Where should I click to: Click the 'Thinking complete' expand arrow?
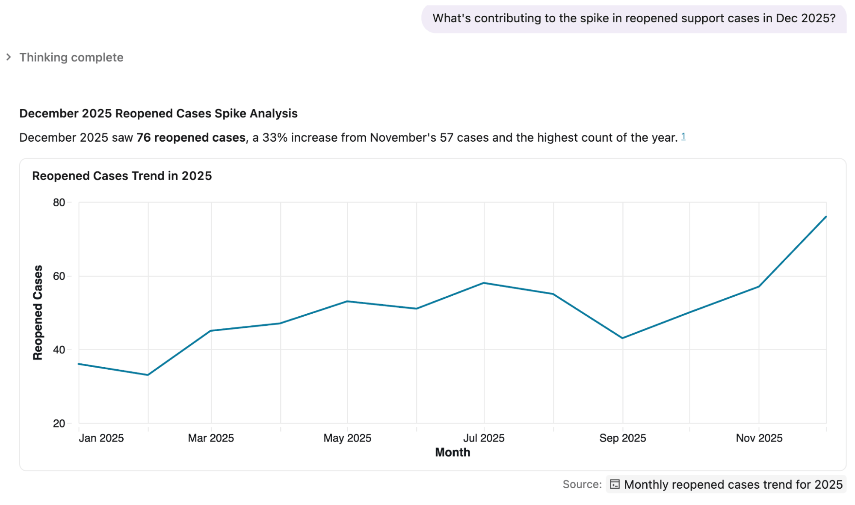9,57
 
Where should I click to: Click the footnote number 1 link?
683,136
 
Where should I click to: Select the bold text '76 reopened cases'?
191,137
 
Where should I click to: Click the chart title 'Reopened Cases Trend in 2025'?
122,176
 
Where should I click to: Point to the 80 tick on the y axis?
59,202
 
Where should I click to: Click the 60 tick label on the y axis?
59,276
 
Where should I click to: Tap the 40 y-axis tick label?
59,350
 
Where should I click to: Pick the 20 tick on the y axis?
59,423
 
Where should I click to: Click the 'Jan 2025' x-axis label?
101,438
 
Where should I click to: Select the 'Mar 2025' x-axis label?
211,438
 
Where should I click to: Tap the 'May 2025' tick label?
347,438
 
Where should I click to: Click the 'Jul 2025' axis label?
484,438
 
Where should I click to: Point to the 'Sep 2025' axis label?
622,438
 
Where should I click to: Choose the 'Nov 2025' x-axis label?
759,438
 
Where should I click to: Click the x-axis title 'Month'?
453,452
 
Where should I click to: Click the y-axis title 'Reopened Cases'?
38,312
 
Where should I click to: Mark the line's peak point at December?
826,217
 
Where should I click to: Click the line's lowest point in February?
148,375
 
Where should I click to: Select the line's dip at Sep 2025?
623,338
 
